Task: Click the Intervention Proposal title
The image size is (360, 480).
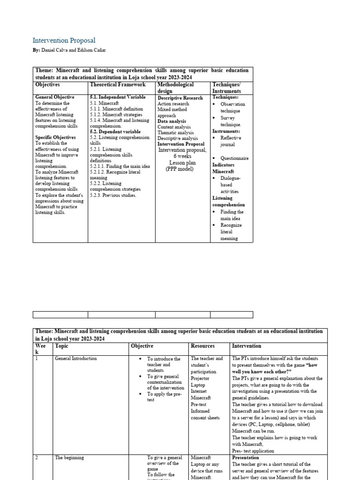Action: tap(64, 41)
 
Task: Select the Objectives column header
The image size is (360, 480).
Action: tap(47, 85)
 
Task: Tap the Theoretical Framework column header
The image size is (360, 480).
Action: tap(118, 85)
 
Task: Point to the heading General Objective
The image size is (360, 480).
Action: tap(55, 97)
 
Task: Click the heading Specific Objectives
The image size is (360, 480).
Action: tap(55, 137)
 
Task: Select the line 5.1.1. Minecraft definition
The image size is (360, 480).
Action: tap(116, 109)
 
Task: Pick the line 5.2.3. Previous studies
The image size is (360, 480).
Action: tap(113, 195)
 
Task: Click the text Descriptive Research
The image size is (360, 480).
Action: tap(180, 98)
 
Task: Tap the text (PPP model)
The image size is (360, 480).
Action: tap(179, 169)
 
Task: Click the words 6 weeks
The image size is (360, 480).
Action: tap(182, 156)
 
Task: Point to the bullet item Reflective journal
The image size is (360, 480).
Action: tap(231, 142)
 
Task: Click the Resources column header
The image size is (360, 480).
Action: tap(202, 346)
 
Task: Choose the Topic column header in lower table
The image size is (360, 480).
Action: tap(61, 346)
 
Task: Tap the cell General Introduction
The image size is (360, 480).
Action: tap(76, 359)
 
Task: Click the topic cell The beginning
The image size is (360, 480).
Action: tap(69, 458)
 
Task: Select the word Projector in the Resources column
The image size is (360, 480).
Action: tap(200, 378)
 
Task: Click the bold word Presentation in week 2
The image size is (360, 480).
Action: tap(245, 458)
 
